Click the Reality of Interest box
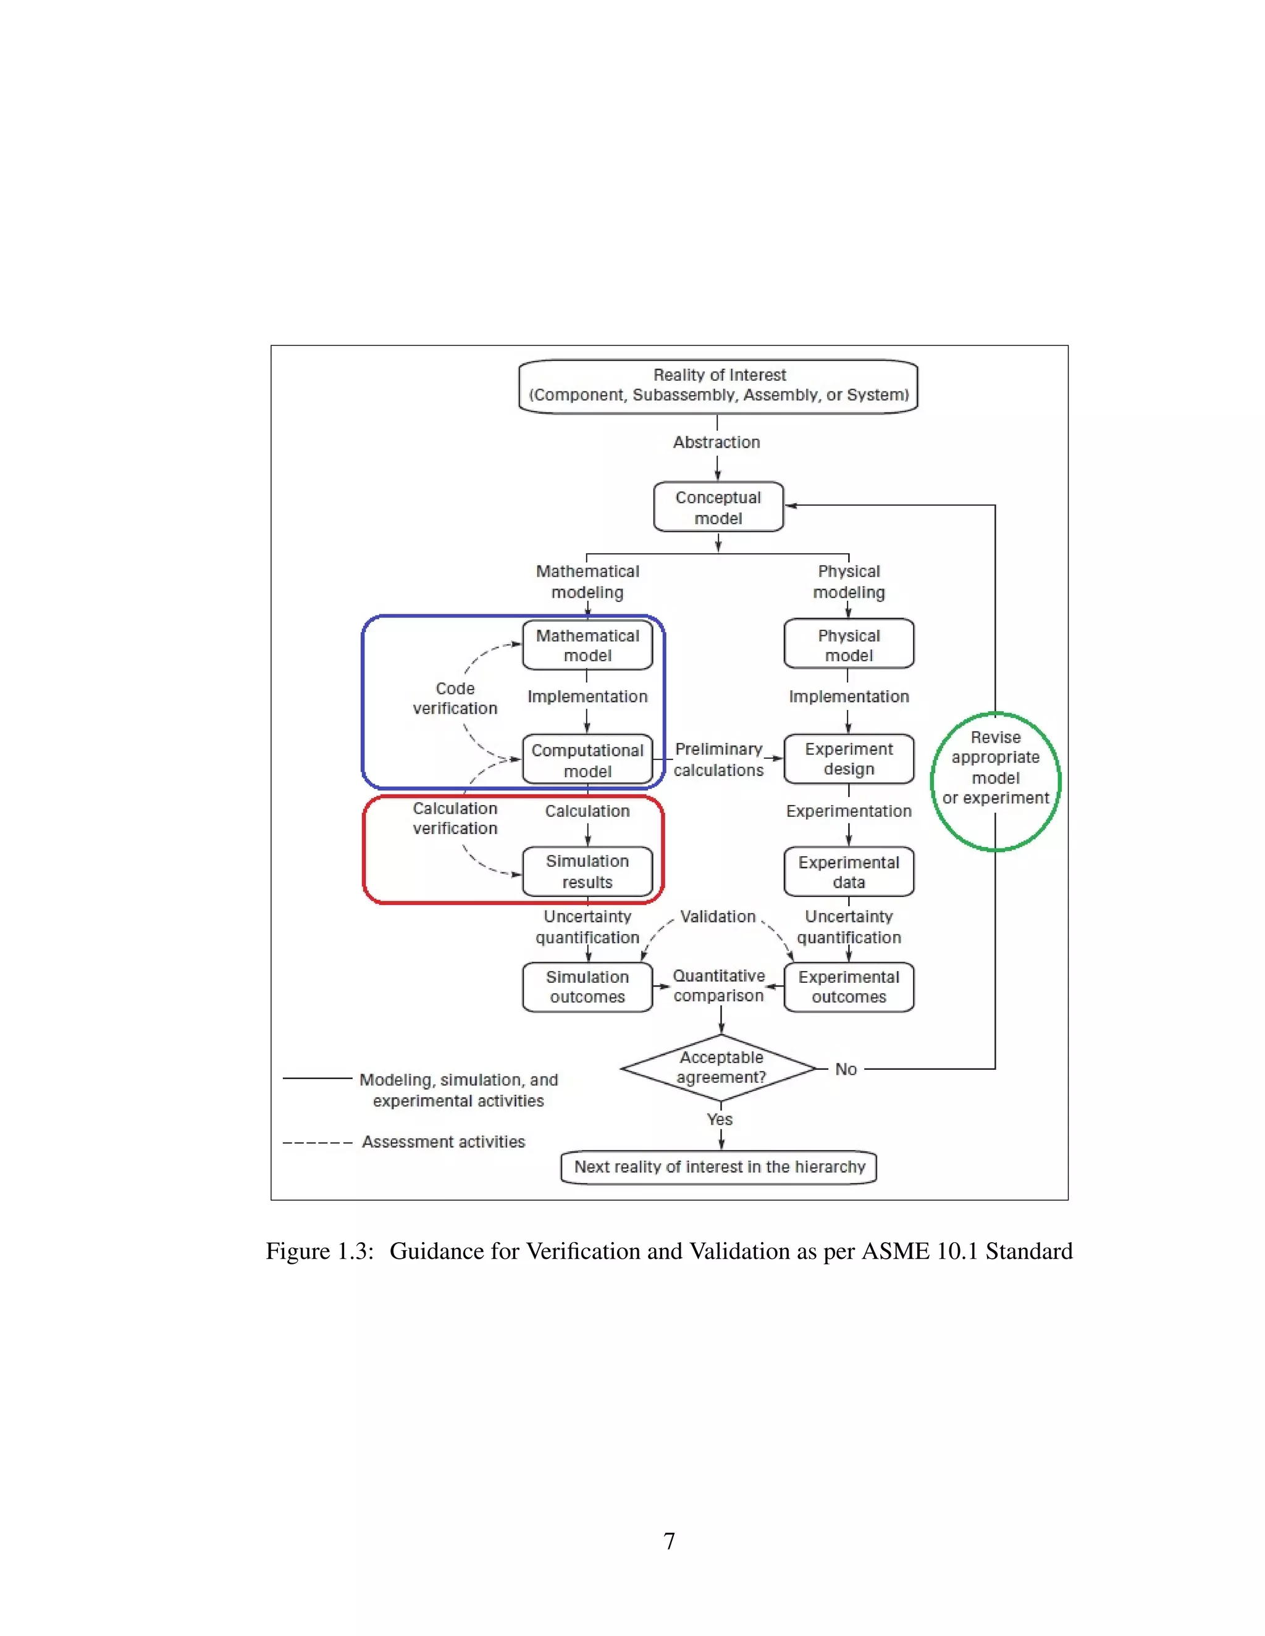pos(718,386)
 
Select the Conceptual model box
pos(718,507)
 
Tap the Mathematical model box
pos(587,645)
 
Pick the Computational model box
pos(587,759)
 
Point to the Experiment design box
pos(848,759)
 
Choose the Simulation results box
pos(587,871)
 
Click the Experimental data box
pos(848,872)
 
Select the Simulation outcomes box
pos(587,987)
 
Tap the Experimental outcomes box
pos(848,987)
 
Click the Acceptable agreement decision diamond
pos(720,1067)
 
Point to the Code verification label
pos(455,698)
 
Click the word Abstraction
pos(717,442)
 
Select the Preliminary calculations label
pos(718,759)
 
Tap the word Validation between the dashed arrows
pos(717,916)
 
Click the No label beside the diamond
pos(846,1069)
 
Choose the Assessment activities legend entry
pos(443,1141)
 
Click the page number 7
pos(669,1541)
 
